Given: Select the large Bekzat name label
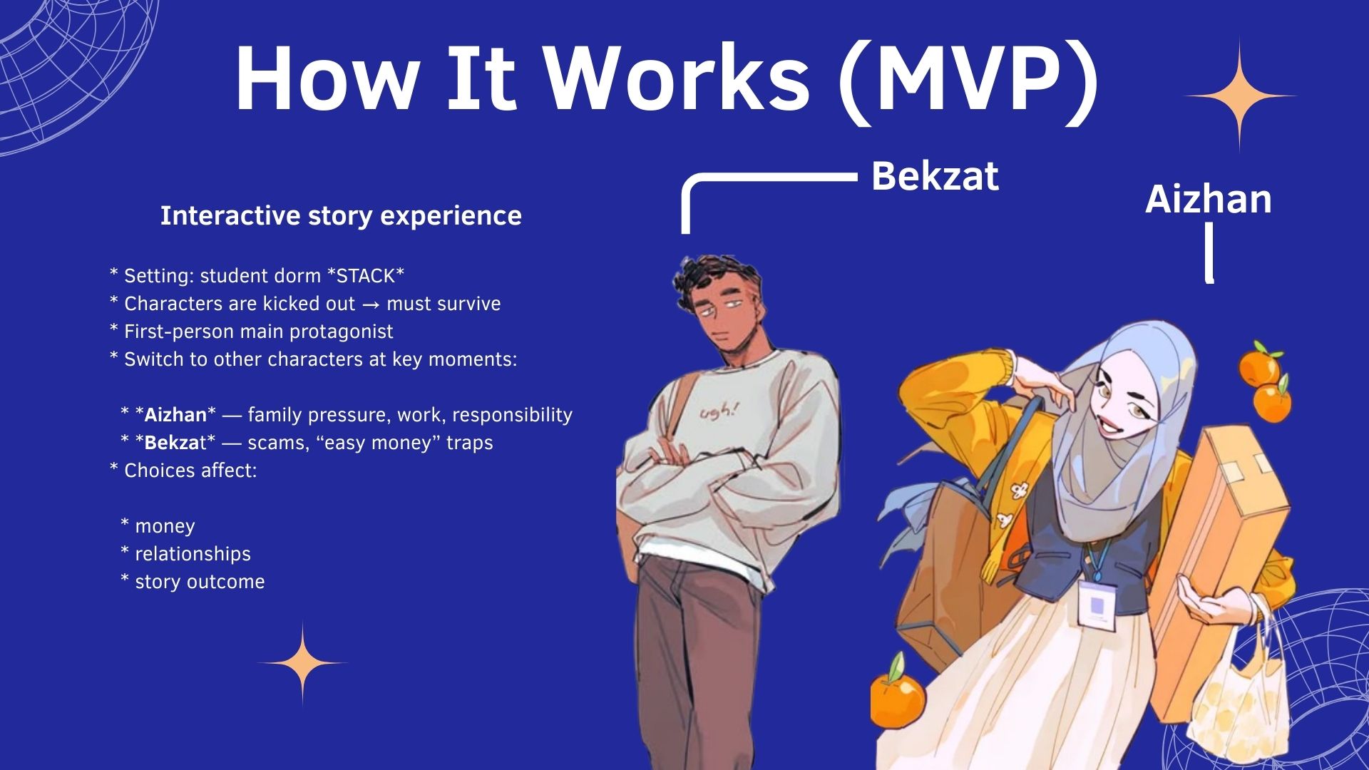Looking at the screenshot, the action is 935,176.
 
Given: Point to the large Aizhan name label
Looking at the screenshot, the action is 1209,199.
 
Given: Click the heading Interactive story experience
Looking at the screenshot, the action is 341,215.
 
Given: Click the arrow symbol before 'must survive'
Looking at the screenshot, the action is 371,304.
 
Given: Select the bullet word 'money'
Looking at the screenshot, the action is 165,527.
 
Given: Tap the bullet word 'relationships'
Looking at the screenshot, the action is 193,554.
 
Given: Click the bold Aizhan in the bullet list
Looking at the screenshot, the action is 175,415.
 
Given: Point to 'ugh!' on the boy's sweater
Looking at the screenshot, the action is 719,411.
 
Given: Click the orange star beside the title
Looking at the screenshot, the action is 1240,96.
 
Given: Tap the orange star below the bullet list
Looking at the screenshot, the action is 302,663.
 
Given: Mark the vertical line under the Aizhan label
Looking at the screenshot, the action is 1209,253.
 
